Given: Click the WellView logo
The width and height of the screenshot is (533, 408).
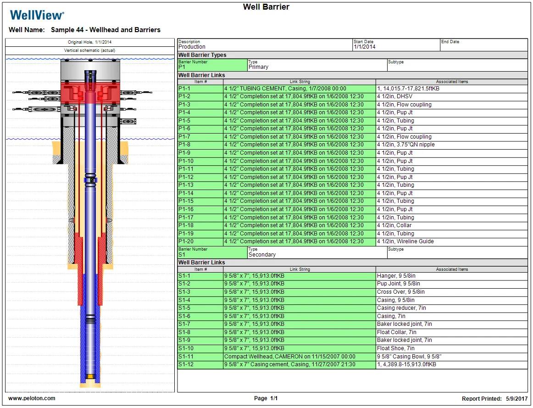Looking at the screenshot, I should [x=37, y=15].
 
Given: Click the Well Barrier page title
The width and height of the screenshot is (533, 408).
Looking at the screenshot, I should [x=266, y=7].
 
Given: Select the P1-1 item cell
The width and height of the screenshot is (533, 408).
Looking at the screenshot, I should [x=200, y=89].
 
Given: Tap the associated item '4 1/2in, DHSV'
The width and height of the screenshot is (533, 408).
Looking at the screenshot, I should [x=394, y=96].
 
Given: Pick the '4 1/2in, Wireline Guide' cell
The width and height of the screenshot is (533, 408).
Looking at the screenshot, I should [x=405, y=241].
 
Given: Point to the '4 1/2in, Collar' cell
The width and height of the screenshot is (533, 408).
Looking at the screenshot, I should [x=394, y=225].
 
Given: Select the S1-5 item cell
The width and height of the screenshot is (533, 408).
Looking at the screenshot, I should [x=200, y=308].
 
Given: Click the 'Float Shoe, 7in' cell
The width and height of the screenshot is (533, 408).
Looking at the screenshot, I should [x=396, y=348].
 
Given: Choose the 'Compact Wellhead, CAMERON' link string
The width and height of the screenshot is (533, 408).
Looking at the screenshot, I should [x=289, y=357].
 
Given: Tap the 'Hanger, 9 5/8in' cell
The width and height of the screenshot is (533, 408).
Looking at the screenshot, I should [x=396, y=276].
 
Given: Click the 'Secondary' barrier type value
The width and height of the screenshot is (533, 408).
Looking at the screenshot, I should [x=262, y=255].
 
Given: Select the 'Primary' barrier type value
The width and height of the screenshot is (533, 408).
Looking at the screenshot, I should [x=258, y=67].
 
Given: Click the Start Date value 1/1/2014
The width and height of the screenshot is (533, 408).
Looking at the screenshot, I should [x=364, y=47].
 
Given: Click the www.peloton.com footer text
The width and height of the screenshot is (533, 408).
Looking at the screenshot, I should [x=32, y=398].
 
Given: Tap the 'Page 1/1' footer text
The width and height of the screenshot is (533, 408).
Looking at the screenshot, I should [x=266, y=398].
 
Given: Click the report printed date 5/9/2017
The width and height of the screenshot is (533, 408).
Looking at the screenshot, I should [x=518, y=399].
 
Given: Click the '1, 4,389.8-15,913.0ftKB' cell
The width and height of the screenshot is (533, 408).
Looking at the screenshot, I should [x=406, y=364].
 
